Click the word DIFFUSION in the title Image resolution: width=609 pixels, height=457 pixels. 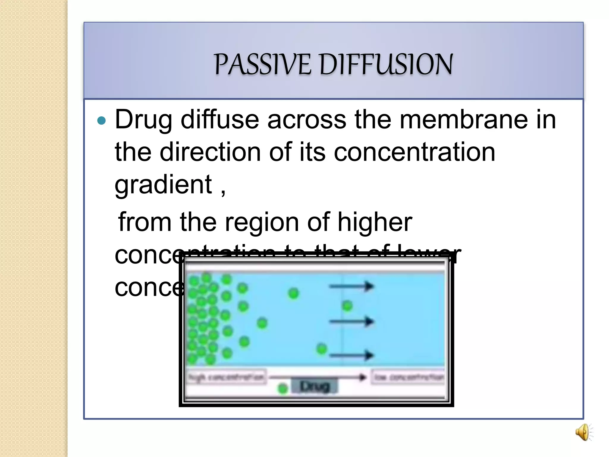[x=386, y=64]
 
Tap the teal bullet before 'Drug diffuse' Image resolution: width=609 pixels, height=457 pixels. [x=102, y=120]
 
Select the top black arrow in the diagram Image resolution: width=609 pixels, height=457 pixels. [x=351, y=286]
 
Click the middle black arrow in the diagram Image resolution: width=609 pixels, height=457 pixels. [x=351, y=321]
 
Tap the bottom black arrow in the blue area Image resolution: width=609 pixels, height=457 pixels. [x=351, y=355]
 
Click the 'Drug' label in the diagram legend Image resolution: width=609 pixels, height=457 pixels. [x=315, y=386]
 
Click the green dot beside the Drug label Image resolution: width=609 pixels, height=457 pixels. [x=282, y=388]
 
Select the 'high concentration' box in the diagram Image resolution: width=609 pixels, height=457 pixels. [x=226, y=377]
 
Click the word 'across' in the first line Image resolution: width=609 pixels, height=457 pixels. [x=307, y=120]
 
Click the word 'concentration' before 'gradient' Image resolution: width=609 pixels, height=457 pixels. [x=415, y=152]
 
